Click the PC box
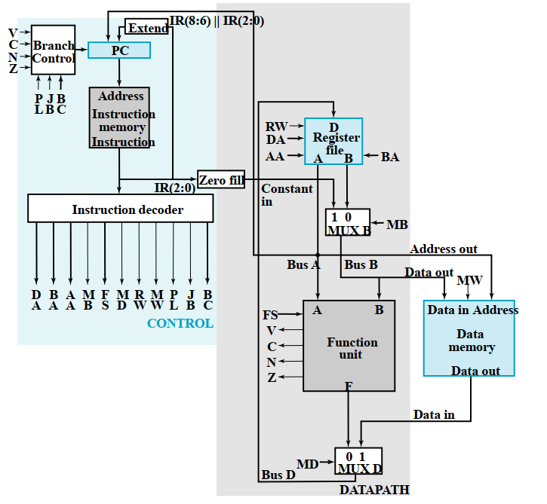click(119, 50)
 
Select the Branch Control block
click(53, 51)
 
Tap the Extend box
click(147, 28)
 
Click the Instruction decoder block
click(121, 209)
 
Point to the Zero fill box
click(220, 179)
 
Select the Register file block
click(333, 141)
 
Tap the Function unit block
click(349, 346)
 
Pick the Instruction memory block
click(119, 118)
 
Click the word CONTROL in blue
click(180, 324)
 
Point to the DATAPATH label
click(373, 490)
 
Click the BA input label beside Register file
click(390, 157)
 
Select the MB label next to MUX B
click(397, 225)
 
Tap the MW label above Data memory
click(469, 281)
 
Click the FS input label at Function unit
click(270, 315)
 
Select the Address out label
click(444, 249)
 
